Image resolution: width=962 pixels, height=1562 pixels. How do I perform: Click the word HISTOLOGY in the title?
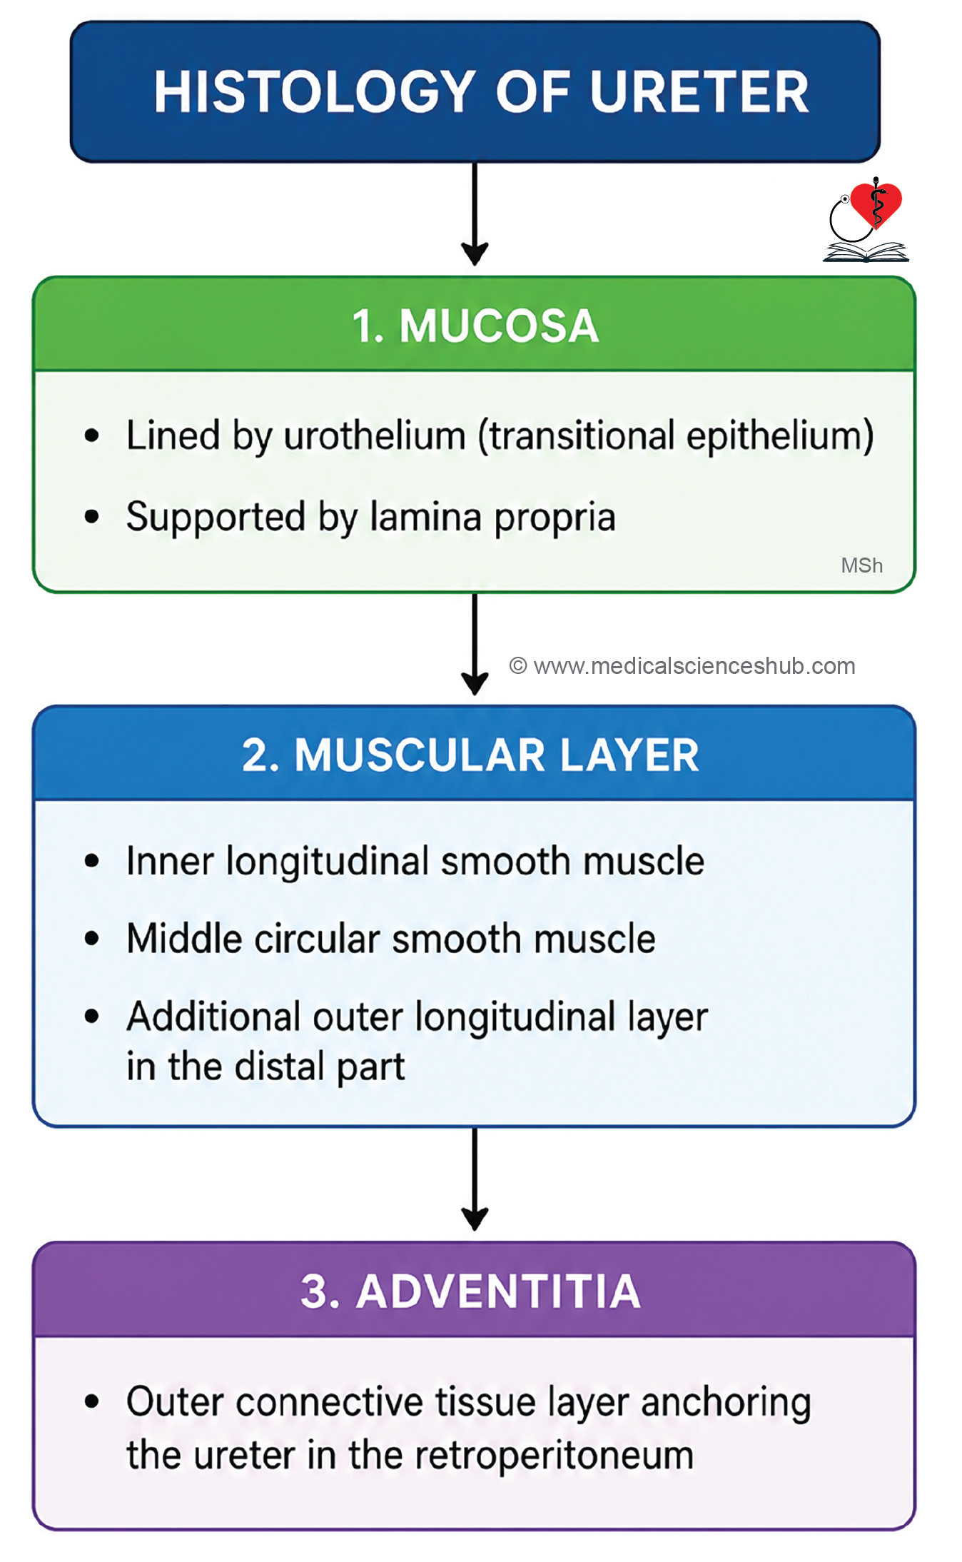coord(315,92)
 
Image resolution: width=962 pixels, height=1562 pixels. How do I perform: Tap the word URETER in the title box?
coord(700,92)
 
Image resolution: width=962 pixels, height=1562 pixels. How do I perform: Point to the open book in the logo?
coord(866,252)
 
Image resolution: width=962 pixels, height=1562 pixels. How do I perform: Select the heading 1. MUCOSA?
coord(475,326)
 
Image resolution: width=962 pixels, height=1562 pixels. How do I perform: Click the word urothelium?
coord(375,435)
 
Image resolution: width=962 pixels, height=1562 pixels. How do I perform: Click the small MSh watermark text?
coord(862,565)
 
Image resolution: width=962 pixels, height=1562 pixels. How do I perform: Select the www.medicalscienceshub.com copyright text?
coord(682,666)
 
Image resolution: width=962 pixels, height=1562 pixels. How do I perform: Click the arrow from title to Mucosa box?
coord(475,213)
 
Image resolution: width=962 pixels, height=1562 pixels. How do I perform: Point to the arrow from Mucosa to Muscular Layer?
coord(475,644)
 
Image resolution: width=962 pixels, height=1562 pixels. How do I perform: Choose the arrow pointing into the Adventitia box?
coord(475,1179)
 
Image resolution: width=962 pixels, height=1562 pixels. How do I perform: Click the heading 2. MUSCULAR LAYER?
coord(470,755)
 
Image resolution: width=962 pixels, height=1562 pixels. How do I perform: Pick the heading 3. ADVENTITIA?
coord(470,1291)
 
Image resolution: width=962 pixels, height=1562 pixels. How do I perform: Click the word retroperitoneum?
coord(554,1456)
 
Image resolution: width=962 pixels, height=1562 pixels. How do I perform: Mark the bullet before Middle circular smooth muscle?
coord(91,939)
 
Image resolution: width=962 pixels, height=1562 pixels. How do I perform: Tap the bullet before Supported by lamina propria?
coord(91,516)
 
